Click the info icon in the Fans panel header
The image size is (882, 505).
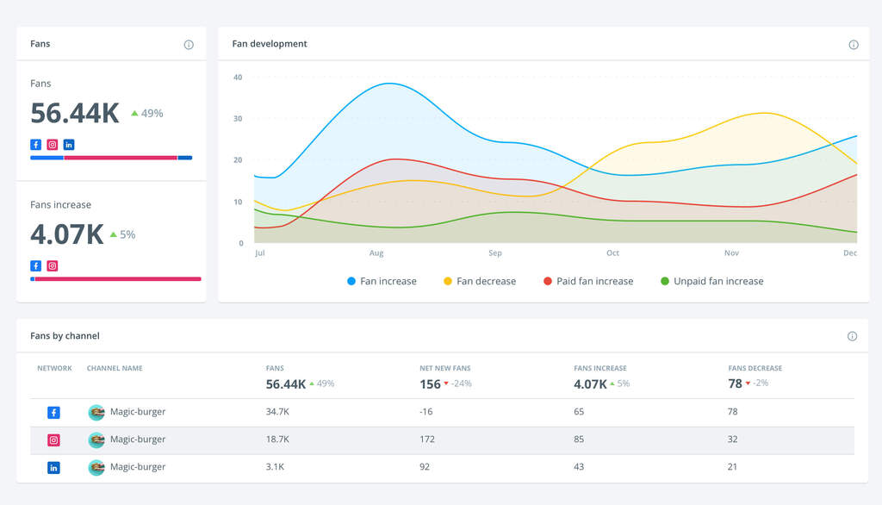click(x=189, y=45)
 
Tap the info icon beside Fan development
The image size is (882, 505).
click(x=854, y=45)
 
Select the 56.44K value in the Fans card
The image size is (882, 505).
click(x=75, y=114)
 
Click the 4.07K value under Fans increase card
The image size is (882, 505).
click(x=67, y=234)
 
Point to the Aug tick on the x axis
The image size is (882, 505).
click(x=376, y=253)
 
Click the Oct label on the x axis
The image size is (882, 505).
click(x=612, y=253)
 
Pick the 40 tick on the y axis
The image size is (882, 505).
click(x=238, y=78)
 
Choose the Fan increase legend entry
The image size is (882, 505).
click(x=382, y=281)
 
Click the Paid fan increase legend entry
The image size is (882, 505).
click(x=588, y=281)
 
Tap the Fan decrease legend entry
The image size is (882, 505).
click(x=480, y=281)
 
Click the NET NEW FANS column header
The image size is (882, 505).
click(x=444, y=369)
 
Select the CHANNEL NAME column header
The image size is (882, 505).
click(x=115, y=369)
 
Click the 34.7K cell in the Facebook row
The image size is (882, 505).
click(x=277, y=412)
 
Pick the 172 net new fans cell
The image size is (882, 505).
click(x=427, y=440)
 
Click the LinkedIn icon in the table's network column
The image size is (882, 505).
click(x=53, y=467)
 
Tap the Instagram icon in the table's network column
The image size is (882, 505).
click(x=53, y=440)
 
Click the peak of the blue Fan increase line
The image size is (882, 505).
click(x=390, y=84)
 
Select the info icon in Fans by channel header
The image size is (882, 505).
click(x=852, y=336)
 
